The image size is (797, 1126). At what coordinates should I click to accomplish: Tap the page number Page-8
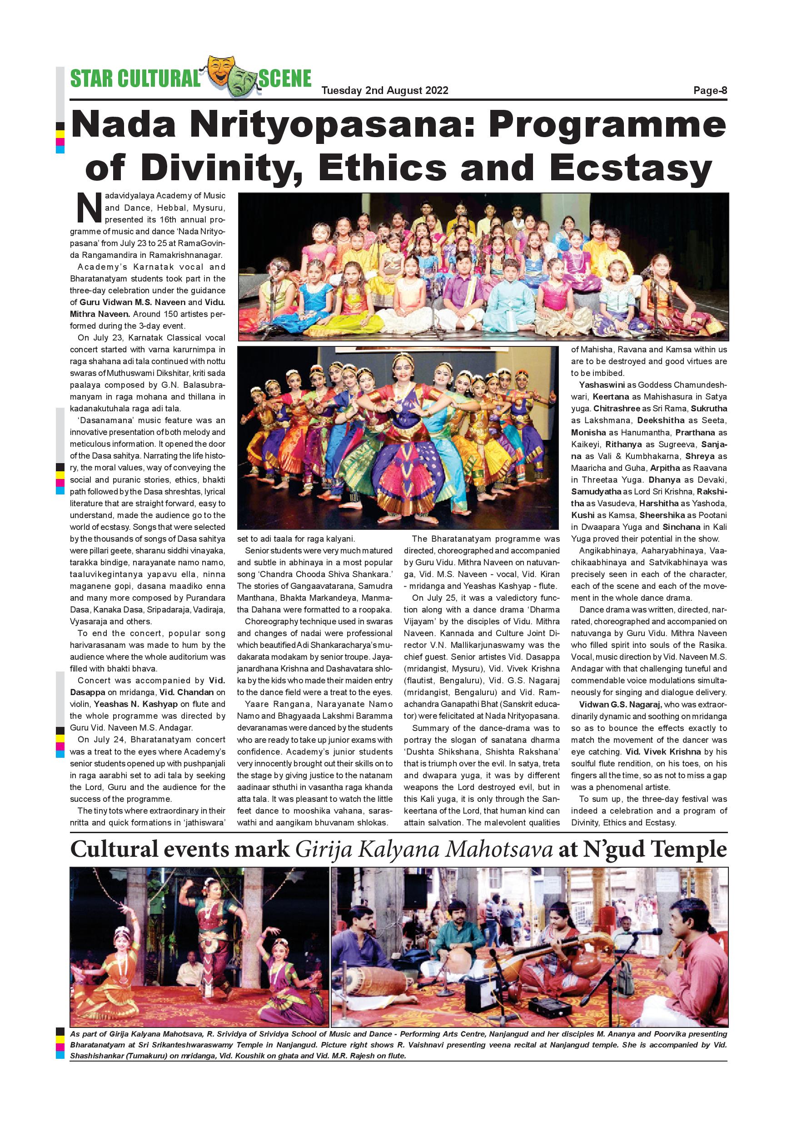click(710, 91)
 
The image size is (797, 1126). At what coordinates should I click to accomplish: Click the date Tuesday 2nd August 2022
click(385, 91)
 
